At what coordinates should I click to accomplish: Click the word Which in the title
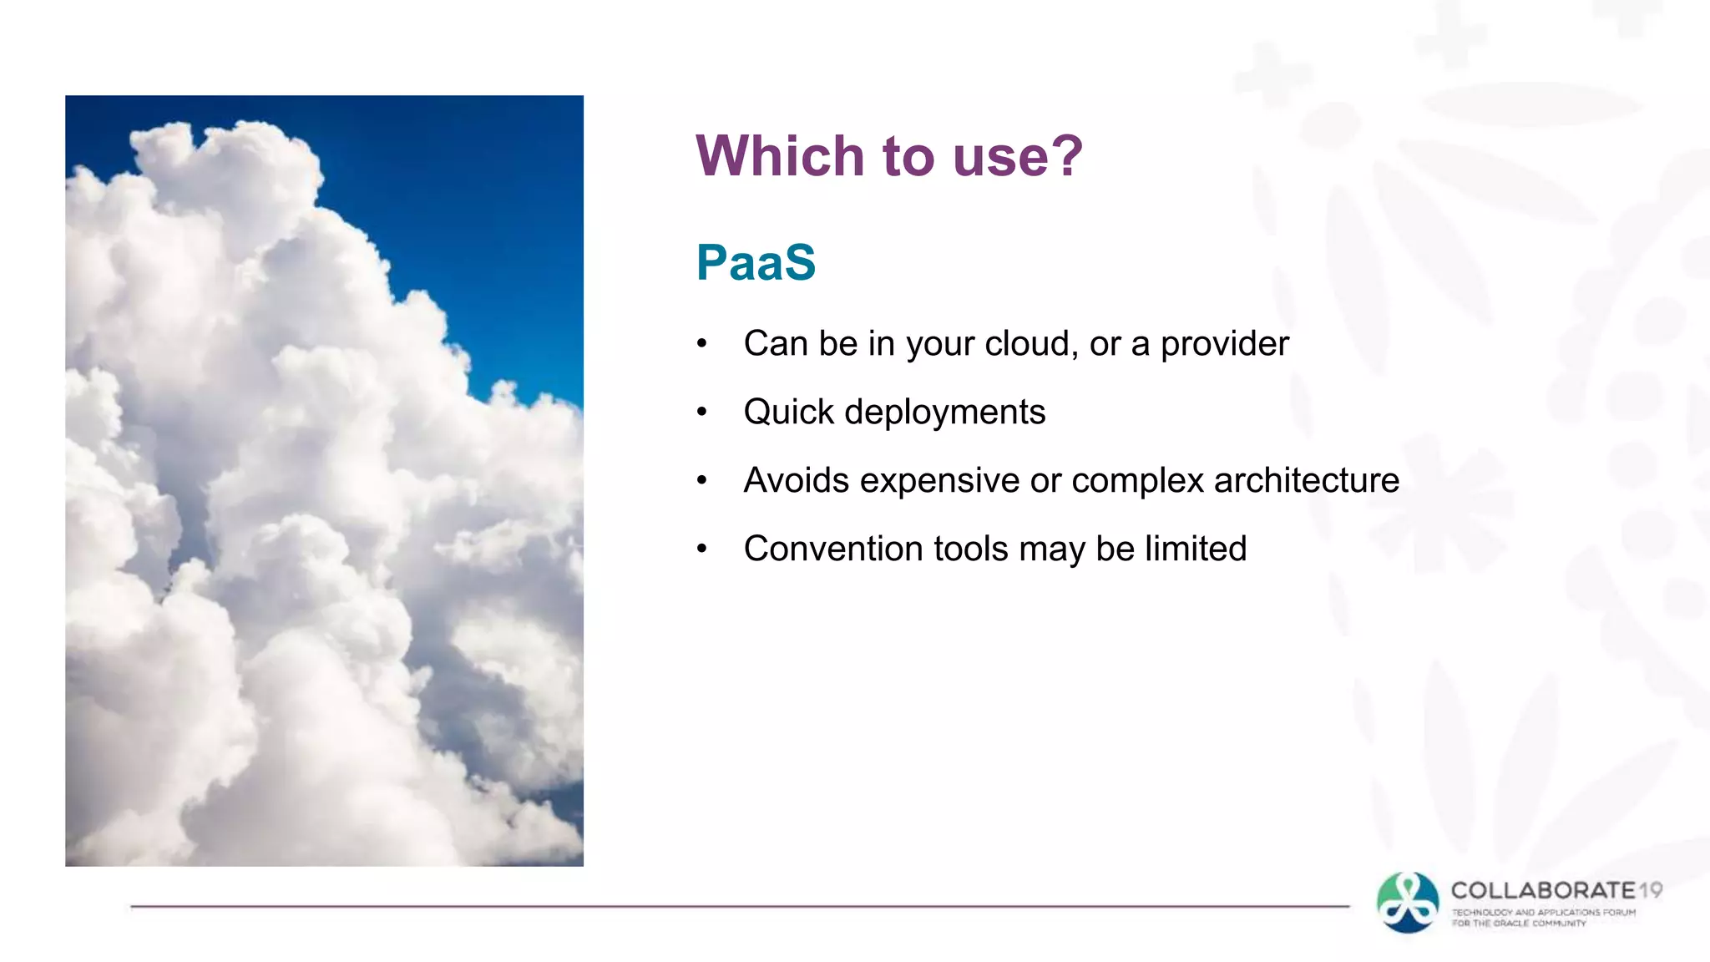coord(780,156)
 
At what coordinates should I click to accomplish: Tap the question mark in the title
coord(1066,156)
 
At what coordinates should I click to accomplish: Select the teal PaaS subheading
coord(756,262)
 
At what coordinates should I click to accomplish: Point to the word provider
coord(1224,344)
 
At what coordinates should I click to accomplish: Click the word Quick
coord(788,413)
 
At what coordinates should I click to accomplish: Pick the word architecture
coord(1306,481)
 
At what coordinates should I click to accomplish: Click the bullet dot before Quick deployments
coord(702,412)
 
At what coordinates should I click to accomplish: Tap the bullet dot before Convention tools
coord(702,549)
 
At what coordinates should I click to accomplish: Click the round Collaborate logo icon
coord(1408,903)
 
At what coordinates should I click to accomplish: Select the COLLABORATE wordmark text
coord(1543,890)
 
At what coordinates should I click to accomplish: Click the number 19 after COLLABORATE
coord(1650,890)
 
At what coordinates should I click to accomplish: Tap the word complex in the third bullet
coord(1138,481)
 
